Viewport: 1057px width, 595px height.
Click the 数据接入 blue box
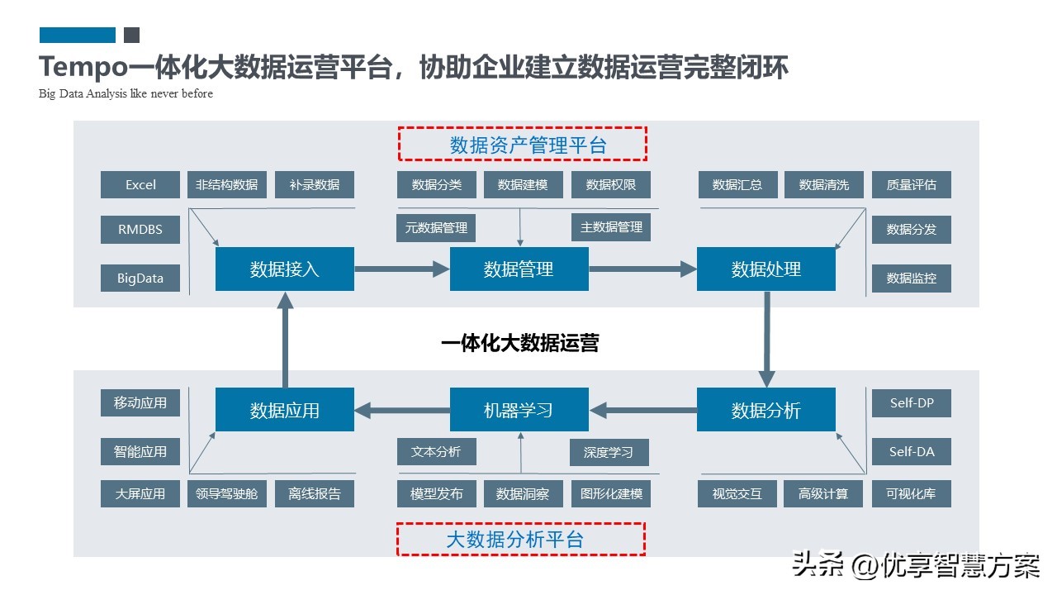(x=285, y=269)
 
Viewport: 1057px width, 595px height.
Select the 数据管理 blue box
(x=519, y=269)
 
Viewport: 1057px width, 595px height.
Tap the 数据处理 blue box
(x=766, y=269)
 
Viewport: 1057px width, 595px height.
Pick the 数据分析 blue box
(x=766, y=410)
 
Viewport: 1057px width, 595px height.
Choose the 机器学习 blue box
(x=519, y=410)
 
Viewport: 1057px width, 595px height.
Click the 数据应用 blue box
(x=285, y=410)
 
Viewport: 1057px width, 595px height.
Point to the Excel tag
(x=140, y=184)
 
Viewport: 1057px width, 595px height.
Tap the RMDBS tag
(x=140, y=230)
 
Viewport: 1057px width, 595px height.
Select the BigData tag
(x=140, y=278)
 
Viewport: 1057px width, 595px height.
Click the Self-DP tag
(x=912, y=403)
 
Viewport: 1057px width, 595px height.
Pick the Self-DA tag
(x=912, y=451)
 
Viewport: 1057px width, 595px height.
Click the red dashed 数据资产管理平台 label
(x=522, y=145)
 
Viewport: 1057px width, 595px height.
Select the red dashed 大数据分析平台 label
(x=520, y=540)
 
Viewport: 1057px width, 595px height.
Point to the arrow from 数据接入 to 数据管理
(x=401, y=269)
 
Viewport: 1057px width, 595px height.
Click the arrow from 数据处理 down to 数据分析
(x=767, y=339)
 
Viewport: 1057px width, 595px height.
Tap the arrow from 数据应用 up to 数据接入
(x=285, y=339)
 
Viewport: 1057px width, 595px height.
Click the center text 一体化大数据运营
(x=520, y=343)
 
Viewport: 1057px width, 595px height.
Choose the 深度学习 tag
(x=609, y=452)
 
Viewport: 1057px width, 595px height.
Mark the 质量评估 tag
(x=912, y=184)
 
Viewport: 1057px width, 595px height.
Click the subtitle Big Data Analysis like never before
(x=126, y=93)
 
